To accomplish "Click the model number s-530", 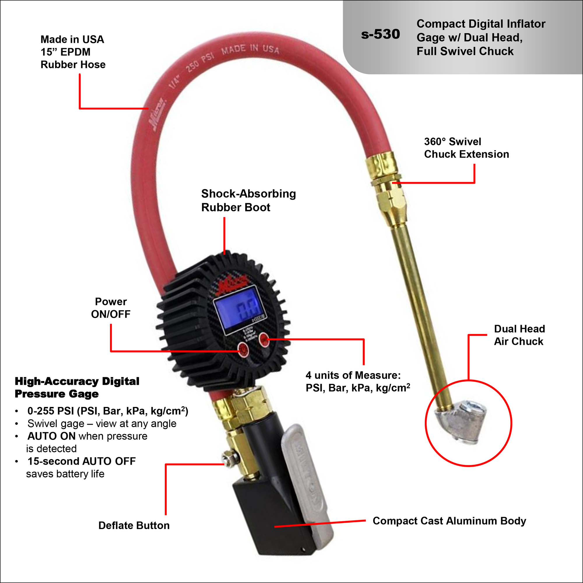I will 380,34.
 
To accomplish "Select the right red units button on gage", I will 264,340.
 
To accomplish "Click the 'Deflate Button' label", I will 134,525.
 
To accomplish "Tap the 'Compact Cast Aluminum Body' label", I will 449,521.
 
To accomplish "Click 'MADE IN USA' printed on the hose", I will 250,49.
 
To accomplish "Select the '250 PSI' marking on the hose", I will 199,62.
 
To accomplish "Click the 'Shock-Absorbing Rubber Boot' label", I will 248,200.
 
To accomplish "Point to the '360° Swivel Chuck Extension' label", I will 466,148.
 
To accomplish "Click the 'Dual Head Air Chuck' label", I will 519,335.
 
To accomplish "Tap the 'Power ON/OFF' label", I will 111,308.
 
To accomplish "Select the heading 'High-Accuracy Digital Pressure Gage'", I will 77,387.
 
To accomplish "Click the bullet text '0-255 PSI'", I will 51,411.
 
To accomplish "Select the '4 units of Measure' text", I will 353,375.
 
